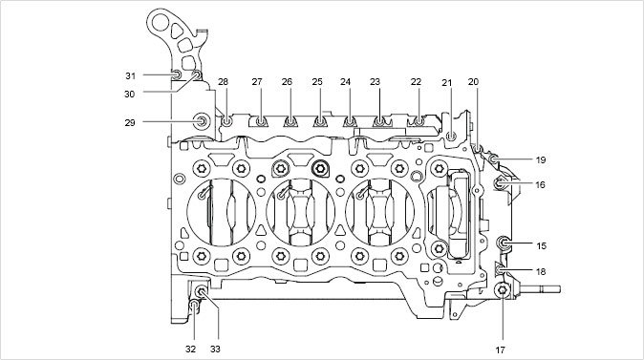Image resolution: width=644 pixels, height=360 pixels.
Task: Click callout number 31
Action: pos(130,76)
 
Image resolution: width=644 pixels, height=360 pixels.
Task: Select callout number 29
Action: pos(130,123)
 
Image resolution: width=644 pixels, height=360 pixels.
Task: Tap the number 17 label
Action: pos(500,350)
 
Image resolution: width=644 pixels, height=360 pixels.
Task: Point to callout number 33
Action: pos(215,349)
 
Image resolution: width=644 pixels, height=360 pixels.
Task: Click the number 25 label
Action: pos(317,82)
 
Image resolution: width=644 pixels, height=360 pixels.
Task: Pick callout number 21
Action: pos(447,83)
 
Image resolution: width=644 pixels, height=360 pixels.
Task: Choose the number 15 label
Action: pos(542,245)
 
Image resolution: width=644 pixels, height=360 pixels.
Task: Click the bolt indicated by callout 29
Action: pos(202,120)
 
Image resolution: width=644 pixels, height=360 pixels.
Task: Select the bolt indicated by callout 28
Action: pos(226,121)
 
